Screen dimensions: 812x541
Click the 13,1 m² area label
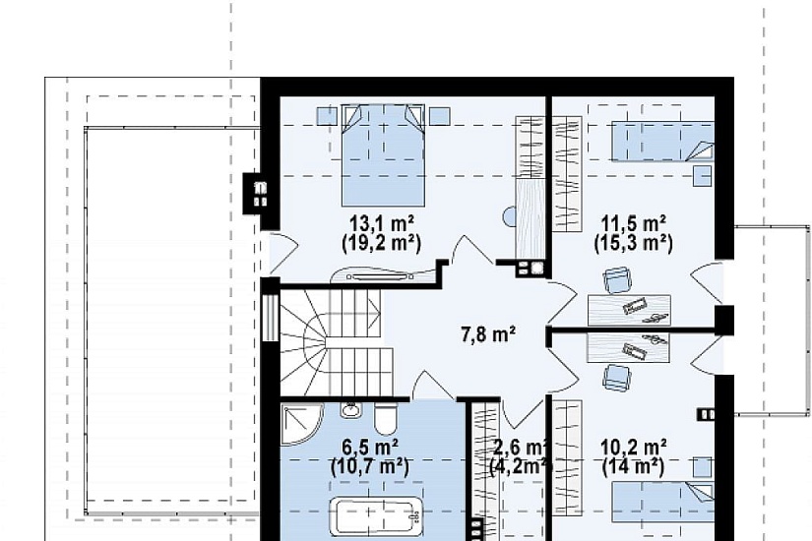(382, 224)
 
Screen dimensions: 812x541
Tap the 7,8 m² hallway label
(488, 335)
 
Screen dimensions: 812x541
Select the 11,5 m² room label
(633, 224)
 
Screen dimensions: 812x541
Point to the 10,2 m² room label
(633, 448)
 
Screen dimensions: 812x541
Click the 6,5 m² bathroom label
(370, 447)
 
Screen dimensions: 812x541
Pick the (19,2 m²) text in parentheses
(382, 243)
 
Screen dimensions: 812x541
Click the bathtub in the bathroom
(377, 516)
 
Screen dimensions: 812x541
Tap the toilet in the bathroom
(385, 418)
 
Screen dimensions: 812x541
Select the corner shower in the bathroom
(301, 425)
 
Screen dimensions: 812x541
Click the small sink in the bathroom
(351, 409)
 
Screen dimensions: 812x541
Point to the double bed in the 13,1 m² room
(383, 155)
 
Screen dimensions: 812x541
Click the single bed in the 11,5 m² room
(662, 142)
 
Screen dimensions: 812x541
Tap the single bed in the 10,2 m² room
(662, 500)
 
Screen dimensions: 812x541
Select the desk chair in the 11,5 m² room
(617, 280)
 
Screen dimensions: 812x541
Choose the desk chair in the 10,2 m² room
(616, 377)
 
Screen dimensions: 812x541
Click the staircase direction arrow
(373, 312)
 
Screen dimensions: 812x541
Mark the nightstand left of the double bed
(328, 116)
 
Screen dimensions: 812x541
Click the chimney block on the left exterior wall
(255, 194)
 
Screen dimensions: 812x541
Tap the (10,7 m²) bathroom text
(370, 467)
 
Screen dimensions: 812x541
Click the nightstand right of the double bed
(439, 116)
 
